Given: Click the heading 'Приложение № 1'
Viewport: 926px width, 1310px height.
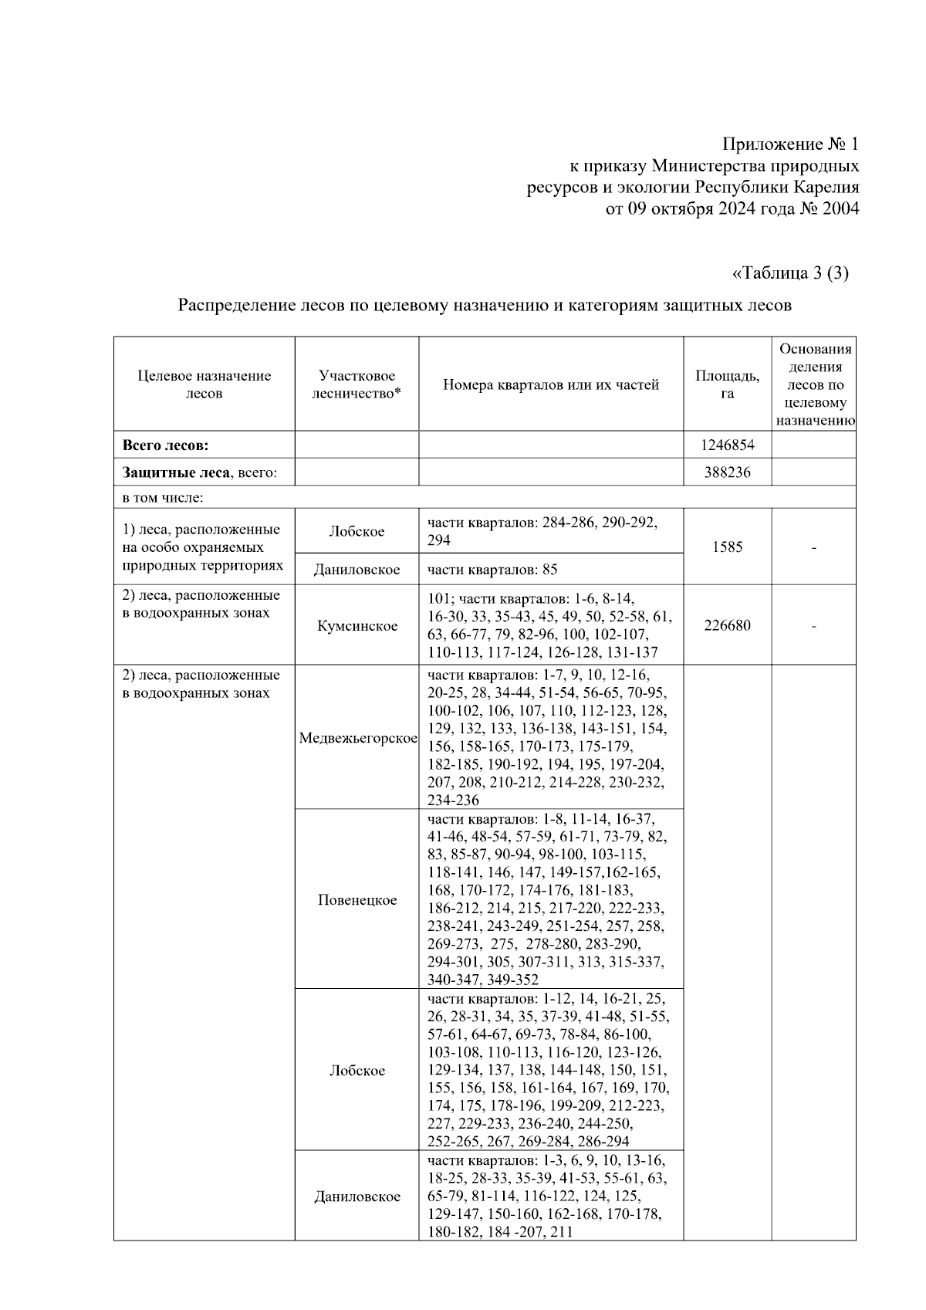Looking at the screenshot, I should point(789,144).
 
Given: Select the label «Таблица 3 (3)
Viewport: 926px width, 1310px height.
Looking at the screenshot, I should point(789,273).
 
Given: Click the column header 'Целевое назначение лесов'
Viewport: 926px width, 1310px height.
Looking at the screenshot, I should point(204,384).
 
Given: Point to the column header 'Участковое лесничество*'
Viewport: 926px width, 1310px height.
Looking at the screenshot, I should point(357,384).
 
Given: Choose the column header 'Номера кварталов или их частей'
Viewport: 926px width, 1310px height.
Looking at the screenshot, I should point(551,384).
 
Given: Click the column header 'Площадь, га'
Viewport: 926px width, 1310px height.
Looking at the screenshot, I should point(727,384).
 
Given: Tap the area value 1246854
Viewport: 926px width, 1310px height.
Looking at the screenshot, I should point(727,445).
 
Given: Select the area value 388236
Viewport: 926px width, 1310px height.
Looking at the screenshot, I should point(727,472).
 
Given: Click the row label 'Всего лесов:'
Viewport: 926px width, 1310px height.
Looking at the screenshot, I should point(166,445).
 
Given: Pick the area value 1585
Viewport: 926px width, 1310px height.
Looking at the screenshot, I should point(727,547).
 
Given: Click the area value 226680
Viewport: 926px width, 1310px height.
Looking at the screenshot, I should point(727,625).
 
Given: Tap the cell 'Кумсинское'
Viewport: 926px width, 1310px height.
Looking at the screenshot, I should point(357,625).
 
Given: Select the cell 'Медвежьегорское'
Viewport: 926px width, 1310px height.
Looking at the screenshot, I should point(358,738).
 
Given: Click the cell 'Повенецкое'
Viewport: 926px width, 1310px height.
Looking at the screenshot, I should point(357,900).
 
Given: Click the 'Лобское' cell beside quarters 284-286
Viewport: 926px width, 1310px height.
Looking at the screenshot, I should point(357,532).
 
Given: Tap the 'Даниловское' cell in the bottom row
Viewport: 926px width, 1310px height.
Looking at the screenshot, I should point(357,1197).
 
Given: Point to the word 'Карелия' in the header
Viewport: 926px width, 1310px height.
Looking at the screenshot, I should point(828,188).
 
